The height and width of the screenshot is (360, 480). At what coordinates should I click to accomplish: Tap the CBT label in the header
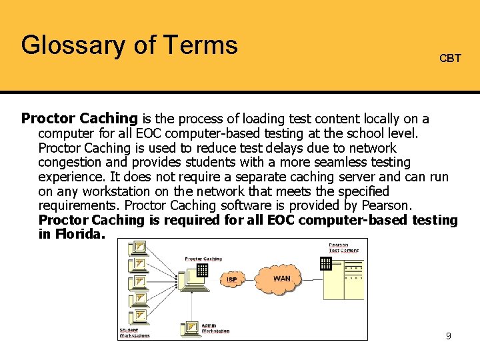coord(450,59)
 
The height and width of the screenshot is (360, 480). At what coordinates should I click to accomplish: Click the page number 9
coord(449,336)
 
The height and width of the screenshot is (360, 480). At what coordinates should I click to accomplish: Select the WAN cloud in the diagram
coord(281,277)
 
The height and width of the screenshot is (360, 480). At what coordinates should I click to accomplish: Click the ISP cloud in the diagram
coord(232,279)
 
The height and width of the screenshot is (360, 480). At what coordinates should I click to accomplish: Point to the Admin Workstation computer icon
coord(190,328)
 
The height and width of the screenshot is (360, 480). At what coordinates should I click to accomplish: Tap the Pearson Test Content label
coord(343,248)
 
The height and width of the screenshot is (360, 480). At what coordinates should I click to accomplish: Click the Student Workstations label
coord(134,333)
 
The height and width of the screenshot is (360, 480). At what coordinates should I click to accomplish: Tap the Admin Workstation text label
coord(215,329)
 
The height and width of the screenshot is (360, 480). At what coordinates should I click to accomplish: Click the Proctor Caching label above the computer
coord(203,259)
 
